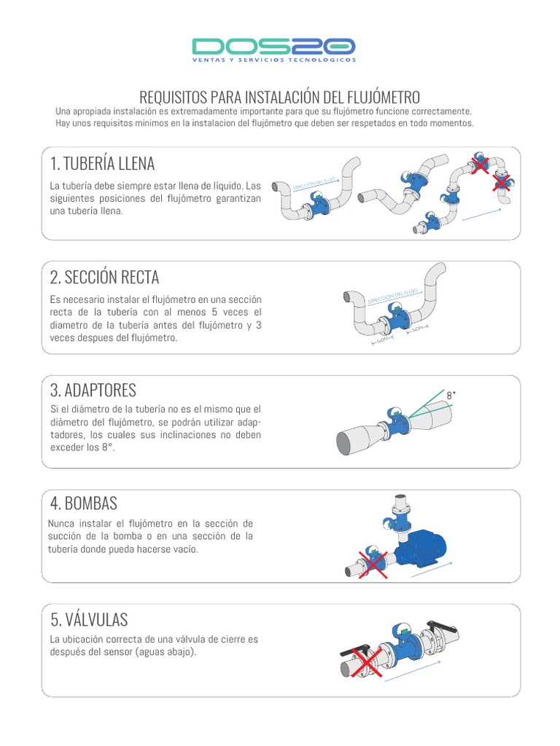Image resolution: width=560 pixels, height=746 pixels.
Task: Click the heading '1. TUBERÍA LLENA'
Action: tap(103, 162)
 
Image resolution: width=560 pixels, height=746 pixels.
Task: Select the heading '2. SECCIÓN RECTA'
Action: tap(105, 277)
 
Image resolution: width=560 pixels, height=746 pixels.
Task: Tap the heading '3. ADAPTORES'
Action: tap(93, 390)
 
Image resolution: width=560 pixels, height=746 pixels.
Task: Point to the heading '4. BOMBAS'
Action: tap(84, 503)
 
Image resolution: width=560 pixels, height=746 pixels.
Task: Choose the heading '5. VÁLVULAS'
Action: tap(89, 619)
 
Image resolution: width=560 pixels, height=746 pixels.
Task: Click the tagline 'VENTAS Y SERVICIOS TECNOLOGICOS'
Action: tap(273, 60)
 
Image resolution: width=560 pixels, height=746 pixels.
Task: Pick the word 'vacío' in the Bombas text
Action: tap(183, 550)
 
